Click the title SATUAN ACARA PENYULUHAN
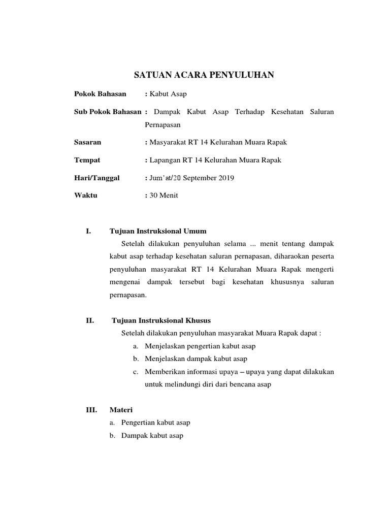(204, 75)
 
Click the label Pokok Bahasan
(100, 94)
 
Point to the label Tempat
(87, 160)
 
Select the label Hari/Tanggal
(97, 178)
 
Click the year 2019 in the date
(225, 178)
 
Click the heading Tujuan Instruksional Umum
(158, 231)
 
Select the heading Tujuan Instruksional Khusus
(161, 320)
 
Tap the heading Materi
(121, 409)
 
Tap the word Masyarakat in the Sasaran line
(169, 142)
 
